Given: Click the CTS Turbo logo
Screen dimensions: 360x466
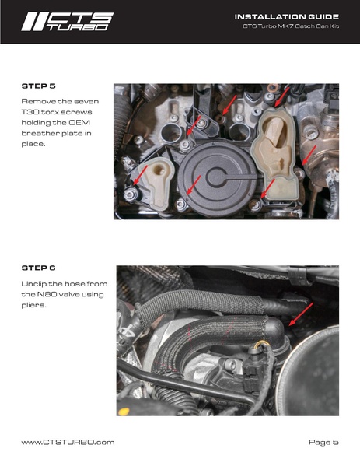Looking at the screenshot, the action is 67,22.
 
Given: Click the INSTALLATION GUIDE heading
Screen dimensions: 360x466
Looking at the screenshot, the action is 287,16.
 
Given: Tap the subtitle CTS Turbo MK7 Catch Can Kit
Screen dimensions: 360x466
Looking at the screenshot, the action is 291,26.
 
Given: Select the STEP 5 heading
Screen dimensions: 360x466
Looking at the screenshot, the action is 39,86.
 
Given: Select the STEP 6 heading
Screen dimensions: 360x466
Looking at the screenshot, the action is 39,268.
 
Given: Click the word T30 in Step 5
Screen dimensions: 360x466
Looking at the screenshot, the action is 30,112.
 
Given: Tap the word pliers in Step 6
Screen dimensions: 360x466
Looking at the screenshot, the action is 34,306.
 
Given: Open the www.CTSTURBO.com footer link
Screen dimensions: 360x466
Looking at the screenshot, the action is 68,442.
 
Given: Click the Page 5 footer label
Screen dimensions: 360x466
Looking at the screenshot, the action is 323,442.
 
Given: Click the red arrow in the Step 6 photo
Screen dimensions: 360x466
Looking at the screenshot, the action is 301,314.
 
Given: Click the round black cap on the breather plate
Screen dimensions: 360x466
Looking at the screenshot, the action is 219,177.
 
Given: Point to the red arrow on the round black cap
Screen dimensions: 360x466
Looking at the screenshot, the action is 193,185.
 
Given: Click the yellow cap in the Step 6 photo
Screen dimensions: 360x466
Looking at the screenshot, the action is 124,412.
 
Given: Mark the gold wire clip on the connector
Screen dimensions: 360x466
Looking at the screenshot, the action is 261,344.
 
